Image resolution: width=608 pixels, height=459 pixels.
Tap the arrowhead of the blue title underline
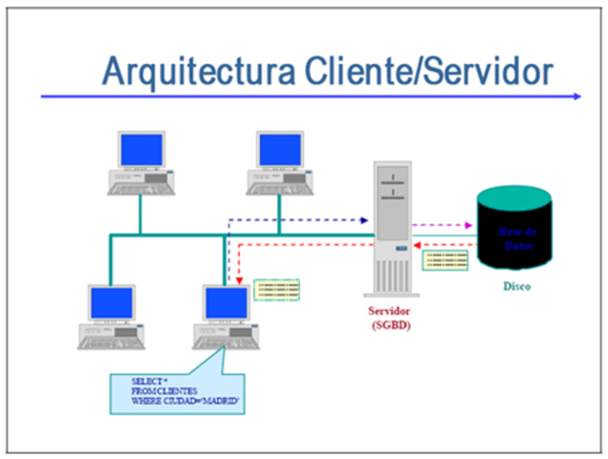click(x=575, y=96)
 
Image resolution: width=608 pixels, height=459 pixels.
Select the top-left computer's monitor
click(x=141, y=151)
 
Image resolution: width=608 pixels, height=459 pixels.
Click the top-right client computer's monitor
click(x=280, y=151)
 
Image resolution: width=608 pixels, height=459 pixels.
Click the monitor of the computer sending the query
click(x=227, y=303)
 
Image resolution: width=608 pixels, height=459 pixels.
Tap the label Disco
click(x=515, y=287)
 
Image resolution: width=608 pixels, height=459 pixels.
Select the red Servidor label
click(x=393, y=312)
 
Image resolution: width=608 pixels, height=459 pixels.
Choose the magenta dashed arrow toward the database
click(x=443, y=227)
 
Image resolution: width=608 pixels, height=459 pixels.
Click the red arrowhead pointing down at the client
click(x=239, y=281)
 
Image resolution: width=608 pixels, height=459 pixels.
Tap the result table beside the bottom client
click(x=277, y=289)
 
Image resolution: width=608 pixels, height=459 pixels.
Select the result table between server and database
click(x=445, y=259)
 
